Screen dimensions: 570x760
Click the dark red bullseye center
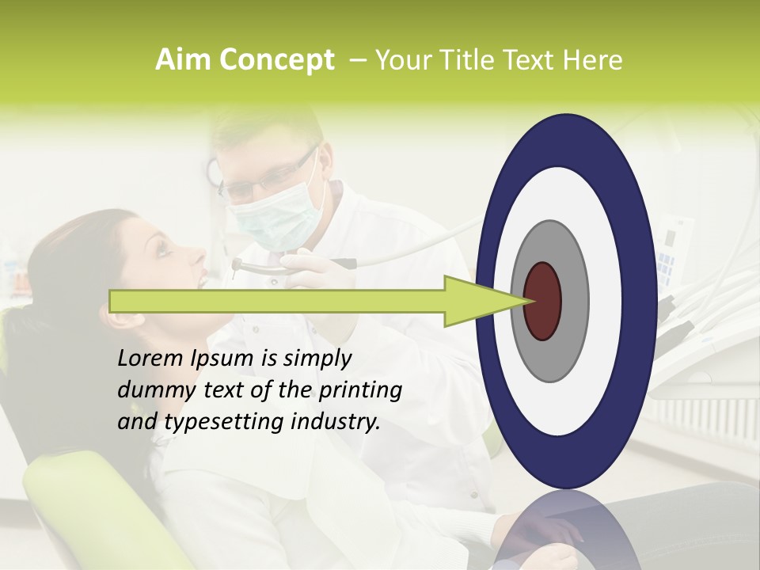coord(542,301)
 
